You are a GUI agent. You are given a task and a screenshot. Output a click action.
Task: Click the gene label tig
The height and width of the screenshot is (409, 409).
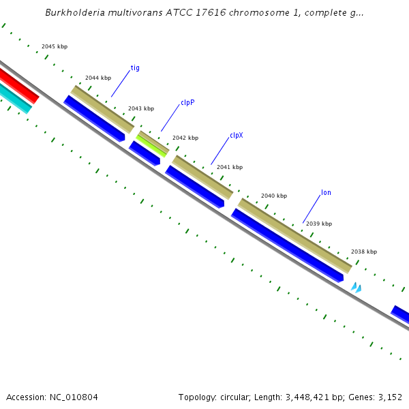[135, 68]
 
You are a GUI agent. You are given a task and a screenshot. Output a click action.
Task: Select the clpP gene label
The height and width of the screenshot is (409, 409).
[187, 102]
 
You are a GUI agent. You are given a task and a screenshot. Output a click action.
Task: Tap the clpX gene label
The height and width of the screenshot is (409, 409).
[236, 135]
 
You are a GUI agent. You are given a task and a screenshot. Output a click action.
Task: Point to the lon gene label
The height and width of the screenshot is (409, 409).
[326, 192]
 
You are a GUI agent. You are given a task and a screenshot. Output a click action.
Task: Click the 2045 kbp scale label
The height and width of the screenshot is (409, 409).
[55, 46]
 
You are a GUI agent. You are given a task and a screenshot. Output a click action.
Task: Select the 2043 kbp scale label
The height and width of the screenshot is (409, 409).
[141, 108]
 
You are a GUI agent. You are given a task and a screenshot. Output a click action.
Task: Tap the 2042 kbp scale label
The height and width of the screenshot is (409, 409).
[185, 138]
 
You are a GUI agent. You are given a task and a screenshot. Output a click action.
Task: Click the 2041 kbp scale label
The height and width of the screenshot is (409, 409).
[230, 167]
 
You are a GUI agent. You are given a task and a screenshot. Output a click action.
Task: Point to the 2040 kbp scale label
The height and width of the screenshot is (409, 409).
[274, 196]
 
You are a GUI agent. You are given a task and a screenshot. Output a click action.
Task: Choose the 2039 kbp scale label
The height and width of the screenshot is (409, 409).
[319, 224]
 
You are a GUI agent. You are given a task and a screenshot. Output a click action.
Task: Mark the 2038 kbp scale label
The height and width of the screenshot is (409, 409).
[364, 252]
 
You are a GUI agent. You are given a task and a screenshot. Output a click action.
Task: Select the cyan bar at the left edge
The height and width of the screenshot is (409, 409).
[14, 97]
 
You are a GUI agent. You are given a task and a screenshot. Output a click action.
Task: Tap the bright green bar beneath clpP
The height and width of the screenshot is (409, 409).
[151, 145]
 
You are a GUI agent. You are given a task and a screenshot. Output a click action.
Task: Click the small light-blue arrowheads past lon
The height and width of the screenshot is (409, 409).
[356, 288]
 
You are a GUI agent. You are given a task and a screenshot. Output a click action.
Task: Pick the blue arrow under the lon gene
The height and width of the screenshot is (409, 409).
[286, 245]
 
